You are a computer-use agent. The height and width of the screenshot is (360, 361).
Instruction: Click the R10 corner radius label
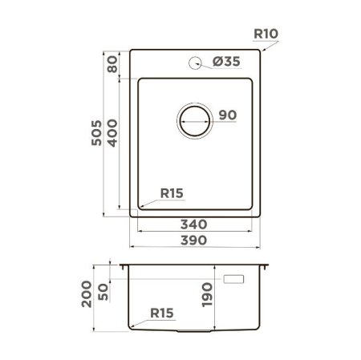tap(266, 34)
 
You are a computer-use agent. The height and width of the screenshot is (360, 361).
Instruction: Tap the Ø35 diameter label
tap(226, 62)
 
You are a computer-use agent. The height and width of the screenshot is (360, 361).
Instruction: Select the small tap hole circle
tap(195, 63)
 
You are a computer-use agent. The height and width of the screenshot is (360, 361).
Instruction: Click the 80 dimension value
tap(112, 64)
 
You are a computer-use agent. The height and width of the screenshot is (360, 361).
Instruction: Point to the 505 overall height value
tap(96, 133)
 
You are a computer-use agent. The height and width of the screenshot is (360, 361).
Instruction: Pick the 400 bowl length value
tap(112, 133)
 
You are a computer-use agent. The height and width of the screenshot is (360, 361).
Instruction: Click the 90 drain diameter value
tap(228, 115)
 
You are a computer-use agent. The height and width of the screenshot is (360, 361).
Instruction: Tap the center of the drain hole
tap(195, 121)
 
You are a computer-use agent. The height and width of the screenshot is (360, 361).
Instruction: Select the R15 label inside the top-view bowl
tap(172, 193)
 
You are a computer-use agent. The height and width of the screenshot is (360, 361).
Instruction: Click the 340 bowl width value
tap(193, 224)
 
